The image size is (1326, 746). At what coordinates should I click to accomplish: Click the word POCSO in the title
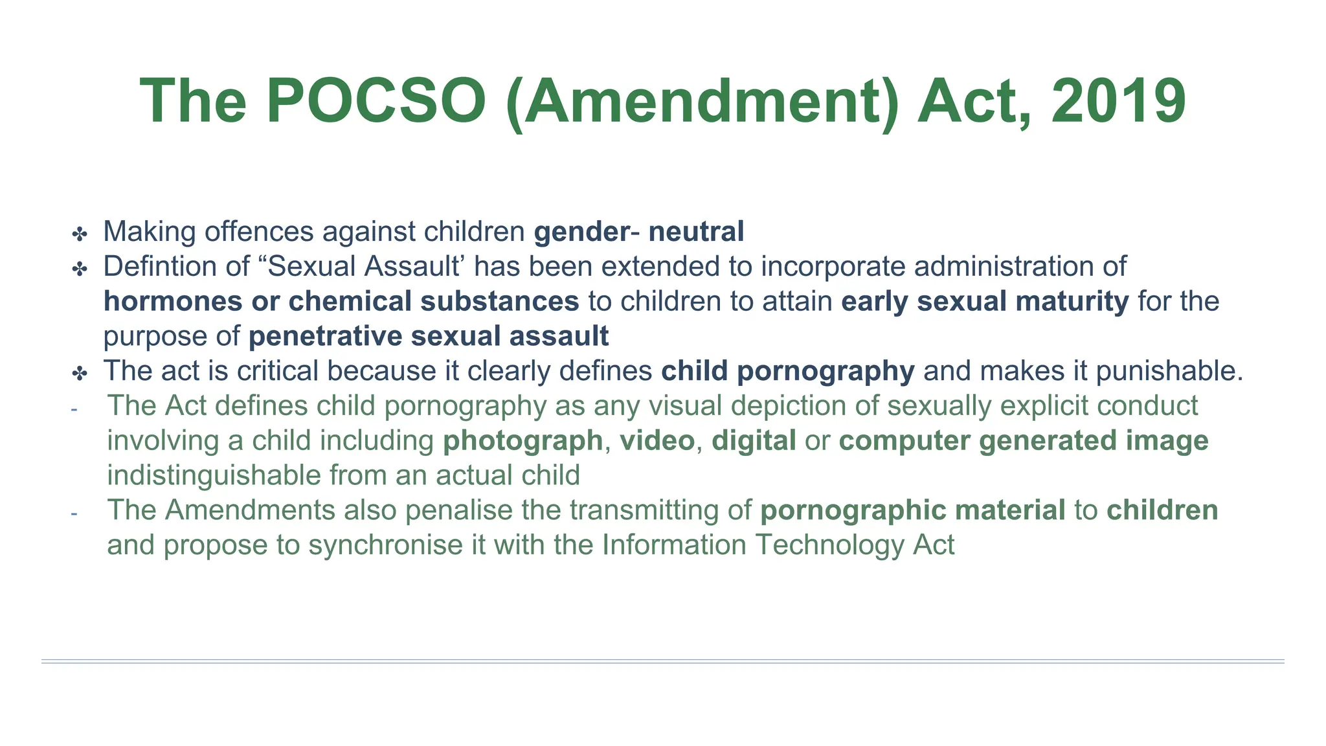tap(376, 102)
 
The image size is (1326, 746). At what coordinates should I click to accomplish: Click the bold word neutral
tap(696, 232)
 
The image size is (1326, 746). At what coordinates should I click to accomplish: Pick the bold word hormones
tap(173, 301)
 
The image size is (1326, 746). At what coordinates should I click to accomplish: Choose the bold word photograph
tap(523, 441)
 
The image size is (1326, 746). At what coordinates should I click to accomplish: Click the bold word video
tap(657, 440)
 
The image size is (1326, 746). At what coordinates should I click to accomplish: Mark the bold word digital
tap(754, 441)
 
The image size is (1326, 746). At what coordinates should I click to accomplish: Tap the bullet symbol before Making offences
tap(80, 234)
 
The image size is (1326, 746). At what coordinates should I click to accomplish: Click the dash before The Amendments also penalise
tap(74, 513)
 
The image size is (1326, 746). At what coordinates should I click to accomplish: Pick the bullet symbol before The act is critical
tap(80, 373)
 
